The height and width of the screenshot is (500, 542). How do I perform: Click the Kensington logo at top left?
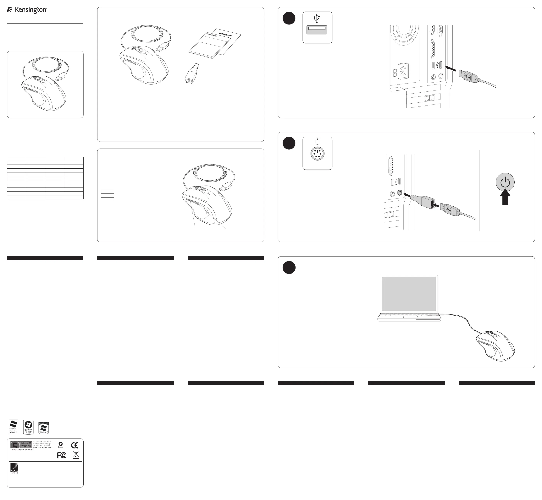click(27, 10)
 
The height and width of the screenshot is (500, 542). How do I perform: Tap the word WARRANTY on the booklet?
click(225, 35)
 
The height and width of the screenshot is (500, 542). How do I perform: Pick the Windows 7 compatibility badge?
click(44, 427)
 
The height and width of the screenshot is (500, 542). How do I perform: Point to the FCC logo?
click(62, 456)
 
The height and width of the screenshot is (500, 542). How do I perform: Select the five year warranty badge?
click(21, 445)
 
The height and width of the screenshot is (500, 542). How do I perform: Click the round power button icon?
click(505, 182)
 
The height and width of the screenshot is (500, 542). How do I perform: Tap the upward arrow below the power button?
click(505, 198)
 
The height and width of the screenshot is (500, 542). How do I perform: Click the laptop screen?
click(409, 294)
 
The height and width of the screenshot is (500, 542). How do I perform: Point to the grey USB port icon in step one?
click(317, 30)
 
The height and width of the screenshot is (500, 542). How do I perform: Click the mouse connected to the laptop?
click(495, 346)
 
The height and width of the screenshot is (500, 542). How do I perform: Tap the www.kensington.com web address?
click(42, 448)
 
